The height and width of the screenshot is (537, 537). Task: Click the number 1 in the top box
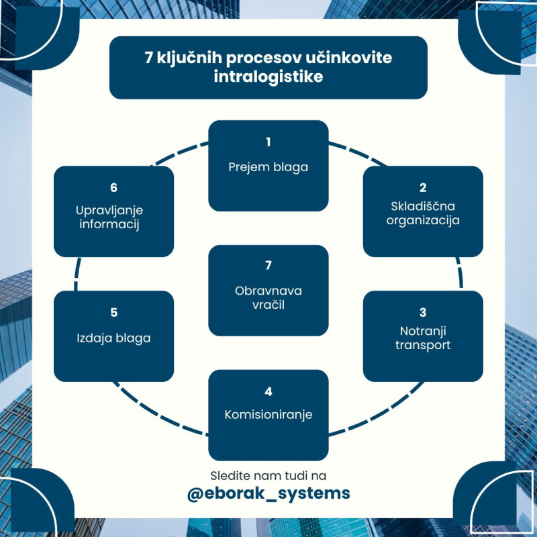[x=268, y=142]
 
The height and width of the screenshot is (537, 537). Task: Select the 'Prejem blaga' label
[x=268, y=167]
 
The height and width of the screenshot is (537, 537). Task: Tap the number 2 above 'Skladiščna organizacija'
[x=423, y=188]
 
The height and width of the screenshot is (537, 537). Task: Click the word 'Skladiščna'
[x=423, y=206]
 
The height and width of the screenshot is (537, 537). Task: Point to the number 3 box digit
[x=423, y=313]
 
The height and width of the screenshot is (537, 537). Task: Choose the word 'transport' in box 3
[x=423, y=346]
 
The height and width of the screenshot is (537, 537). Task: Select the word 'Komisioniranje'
[x=268, y=414]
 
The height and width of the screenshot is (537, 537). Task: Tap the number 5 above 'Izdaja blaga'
[x=113, y=313]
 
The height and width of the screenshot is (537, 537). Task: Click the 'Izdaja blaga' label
[x=113, y=338]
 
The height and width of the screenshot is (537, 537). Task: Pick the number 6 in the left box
[x=113, y=188]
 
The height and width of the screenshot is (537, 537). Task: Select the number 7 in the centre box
[x=268, y=266]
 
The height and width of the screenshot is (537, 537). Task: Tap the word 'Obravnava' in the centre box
[x=268, y=291]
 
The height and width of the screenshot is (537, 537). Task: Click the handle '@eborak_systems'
[x=268, y=493]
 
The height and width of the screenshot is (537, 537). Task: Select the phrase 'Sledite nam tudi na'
[x=268, y=475]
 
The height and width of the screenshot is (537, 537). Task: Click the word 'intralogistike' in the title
[x=268, y=77]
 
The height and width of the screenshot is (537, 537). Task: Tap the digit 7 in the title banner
[x=149, y=58]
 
